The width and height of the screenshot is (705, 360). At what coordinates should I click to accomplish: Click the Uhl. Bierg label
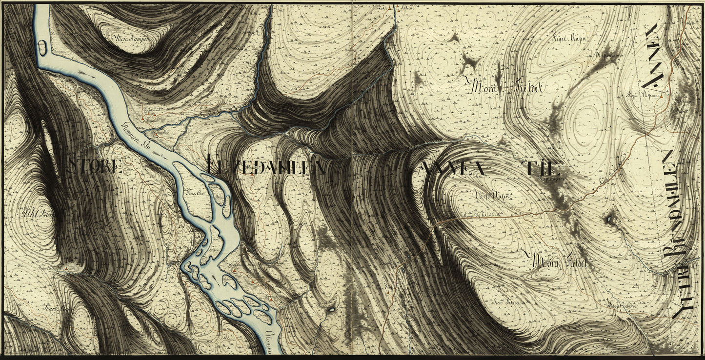[37, 213]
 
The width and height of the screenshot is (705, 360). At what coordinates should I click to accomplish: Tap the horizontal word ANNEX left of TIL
[452, 169]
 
